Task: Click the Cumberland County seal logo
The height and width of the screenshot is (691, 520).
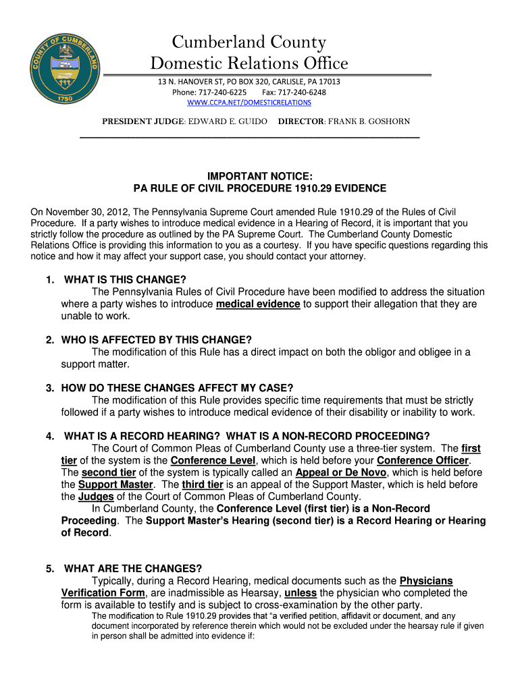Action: (66, 65)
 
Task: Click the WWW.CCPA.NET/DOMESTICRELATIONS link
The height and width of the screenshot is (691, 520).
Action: (249, 103)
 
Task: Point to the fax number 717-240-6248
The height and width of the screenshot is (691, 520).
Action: (302, 92)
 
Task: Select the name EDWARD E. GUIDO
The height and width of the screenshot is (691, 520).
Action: (223, 121)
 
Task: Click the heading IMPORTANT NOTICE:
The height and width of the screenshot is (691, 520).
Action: (259, 176)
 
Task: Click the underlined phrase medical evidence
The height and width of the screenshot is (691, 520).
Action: (258, 304)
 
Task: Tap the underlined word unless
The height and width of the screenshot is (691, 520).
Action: (300, 593)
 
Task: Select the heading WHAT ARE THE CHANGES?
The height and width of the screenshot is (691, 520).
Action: (133, 569)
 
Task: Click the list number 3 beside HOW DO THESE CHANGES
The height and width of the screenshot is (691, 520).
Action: (50, 388)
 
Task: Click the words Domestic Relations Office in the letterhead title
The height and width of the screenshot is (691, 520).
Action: (249, 64)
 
